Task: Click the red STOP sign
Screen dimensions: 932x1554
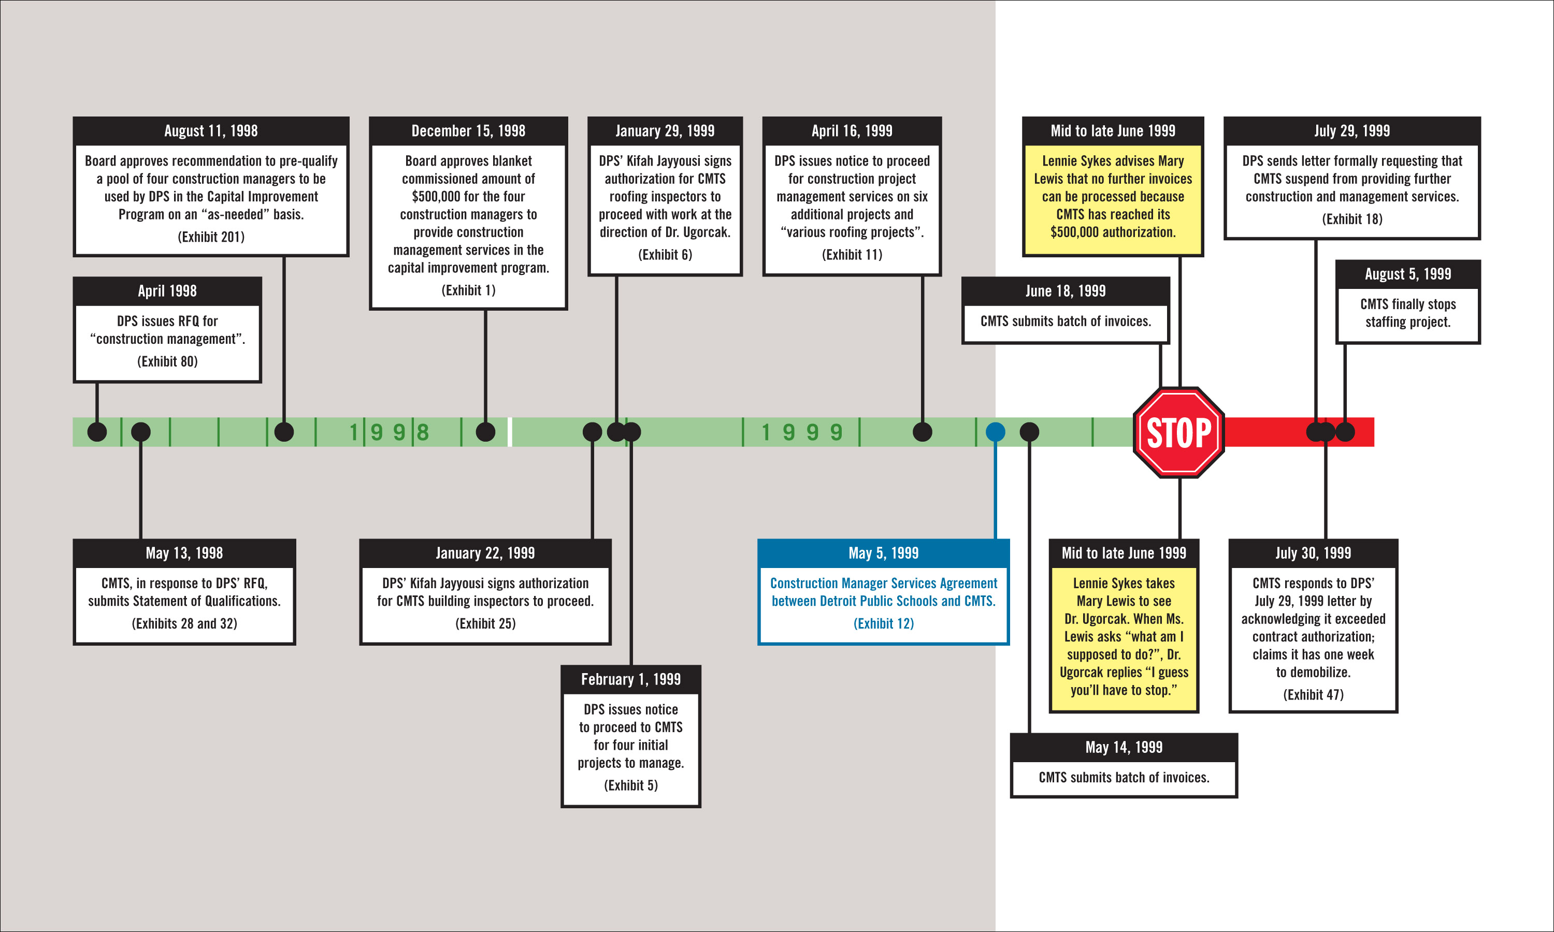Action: (x=1179, y=432)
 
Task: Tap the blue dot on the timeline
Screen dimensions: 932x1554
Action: (x=995, y=432)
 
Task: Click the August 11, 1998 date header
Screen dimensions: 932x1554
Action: (x=211, y=130)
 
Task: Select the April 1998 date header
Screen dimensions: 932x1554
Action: (x=167, y=291)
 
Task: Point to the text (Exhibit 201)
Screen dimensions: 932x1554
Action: (x=211, y=237)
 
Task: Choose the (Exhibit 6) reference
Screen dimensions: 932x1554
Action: (x=665, y=254)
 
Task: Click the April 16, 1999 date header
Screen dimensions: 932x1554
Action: (x=852, y=130)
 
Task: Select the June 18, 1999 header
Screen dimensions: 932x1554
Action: (x=1066, y=291)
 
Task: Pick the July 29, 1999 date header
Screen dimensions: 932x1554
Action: (x=1352, y=130)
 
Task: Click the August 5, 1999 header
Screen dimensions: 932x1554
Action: (x=1407, y=274)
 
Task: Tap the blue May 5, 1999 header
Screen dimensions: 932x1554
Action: (x=883, y=552)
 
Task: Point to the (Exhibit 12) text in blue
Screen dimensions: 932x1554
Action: (x=883, y=623)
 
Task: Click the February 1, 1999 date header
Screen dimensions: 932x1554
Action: (x=630, y=679)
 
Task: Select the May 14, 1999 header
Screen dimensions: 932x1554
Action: (x=1124, y=747)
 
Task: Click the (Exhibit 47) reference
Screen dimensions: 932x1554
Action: (x=1313, y=695)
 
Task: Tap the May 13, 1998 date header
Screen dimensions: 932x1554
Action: (x=184, y=552)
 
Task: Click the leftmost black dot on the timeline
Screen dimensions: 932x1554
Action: (x=97, y=432)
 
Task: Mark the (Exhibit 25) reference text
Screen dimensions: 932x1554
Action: (x=485, y=623)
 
